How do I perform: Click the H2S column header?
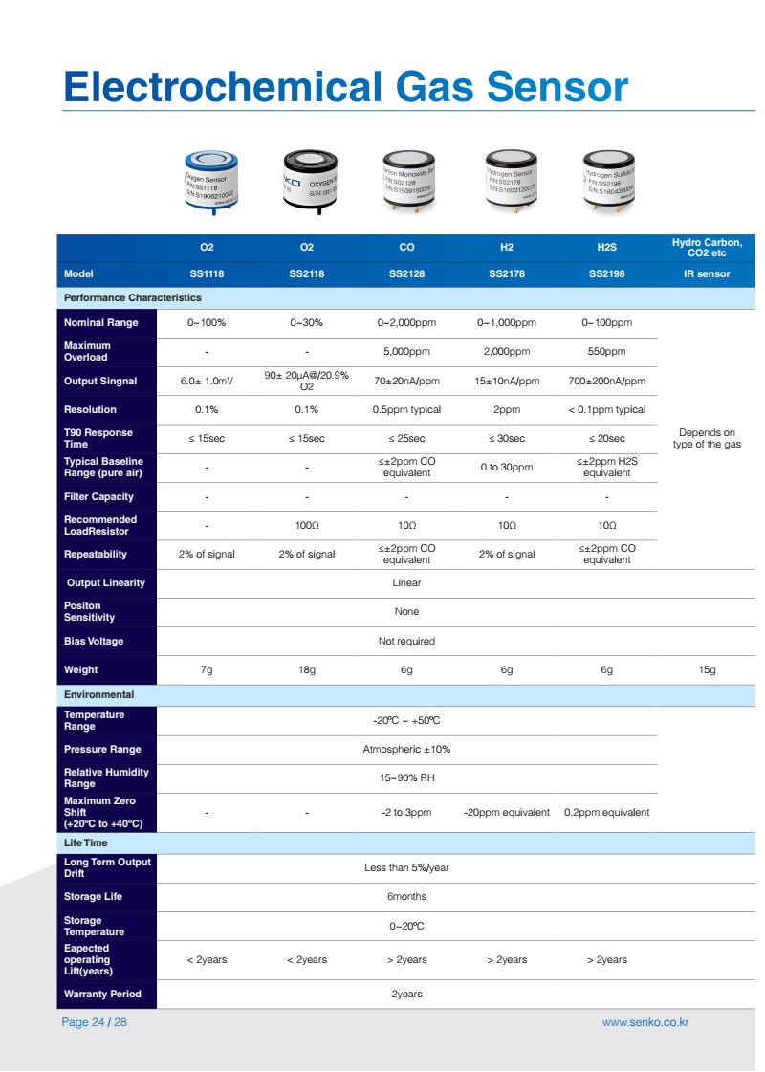[x=606, y=247]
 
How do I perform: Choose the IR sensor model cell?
[x=707, y=273]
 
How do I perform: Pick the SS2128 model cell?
[x=406, y=273]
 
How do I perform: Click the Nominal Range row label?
[x=101, y=323]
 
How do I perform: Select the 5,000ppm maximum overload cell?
[x=406, y=352]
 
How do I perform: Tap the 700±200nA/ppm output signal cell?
[x=606, y=381]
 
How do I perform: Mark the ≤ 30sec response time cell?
[x=507, y=438]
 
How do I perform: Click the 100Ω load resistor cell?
[x=307, y=525]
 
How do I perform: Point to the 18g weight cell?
[x=307, y=670]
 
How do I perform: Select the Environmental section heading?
[x=99, y=694]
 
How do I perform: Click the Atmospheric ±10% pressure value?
[x=406, y=749]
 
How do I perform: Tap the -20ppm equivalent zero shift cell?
[x=507, y=812]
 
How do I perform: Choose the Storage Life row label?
[x=94, y=896]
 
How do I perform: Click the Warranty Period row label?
[x=102, y=994]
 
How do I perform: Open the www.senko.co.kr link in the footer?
[x=645, y=1022]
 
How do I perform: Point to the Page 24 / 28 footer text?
[x=95, y=1022]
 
